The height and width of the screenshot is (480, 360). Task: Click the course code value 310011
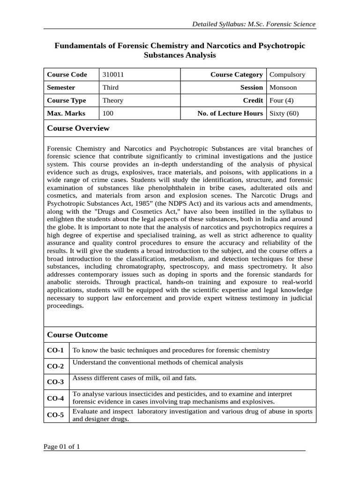[x=113, y=75]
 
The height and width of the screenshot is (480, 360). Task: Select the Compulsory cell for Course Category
[x=287, y=75]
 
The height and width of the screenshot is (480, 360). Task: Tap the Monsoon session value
[x=283, y=88]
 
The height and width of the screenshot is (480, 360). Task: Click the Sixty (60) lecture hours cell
[x=284, y=113]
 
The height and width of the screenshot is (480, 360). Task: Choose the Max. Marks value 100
[x=108, y=113]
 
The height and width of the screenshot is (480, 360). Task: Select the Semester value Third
[x=111, y=88]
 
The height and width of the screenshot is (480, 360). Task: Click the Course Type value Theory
[x=113, y=100]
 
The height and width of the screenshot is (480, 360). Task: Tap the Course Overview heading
[x=78, y=128]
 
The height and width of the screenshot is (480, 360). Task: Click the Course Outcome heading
[x=77, y=335]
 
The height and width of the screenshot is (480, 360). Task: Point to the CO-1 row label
[x=56, y=351]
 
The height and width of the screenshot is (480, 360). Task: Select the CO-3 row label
[x=56, y=382]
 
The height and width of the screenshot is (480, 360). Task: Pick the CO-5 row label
[x=56, y=415]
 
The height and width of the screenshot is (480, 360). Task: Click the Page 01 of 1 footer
[x=62, y=447]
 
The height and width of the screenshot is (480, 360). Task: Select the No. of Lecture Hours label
[x=230, y=113]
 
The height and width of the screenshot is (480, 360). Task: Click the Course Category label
[x=237, y=75]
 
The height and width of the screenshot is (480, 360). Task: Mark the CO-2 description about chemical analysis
[x=158, y=362]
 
